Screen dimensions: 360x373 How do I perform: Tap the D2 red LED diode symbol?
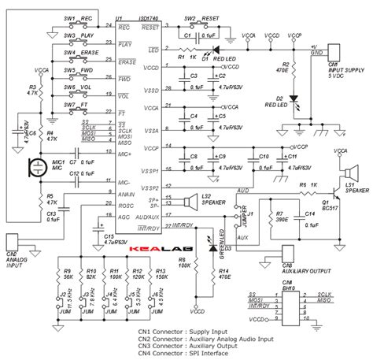[294, 99]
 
